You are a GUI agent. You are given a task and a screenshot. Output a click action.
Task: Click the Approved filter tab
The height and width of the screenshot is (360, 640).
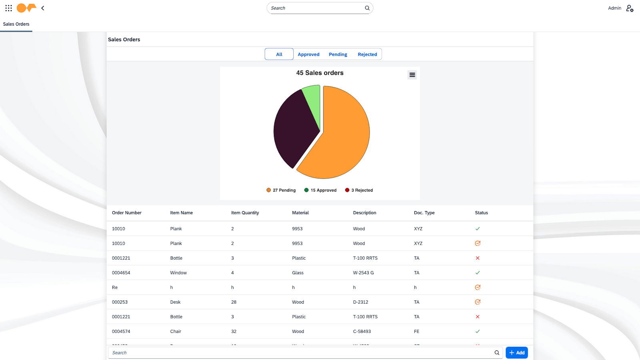(x=308, y=54)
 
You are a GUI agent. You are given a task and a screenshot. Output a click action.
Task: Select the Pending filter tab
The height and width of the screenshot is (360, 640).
(x=338, y=54)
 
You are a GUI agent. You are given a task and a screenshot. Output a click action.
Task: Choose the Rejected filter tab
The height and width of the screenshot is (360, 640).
(x=367, y=54)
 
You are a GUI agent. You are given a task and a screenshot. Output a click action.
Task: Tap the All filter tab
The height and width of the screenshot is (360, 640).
(x=279, y=54)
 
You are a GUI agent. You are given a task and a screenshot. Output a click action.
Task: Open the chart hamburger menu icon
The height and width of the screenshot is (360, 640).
(x=412, y=75)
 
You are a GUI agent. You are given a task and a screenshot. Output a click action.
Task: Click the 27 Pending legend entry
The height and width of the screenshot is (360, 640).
(x=281, y=190)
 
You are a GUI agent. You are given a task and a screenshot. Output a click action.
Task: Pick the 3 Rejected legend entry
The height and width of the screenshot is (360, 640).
(x=359, y=190)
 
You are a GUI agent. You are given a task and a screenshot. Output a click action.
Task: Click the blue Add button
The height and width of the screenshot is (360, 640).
(x=517, y=353)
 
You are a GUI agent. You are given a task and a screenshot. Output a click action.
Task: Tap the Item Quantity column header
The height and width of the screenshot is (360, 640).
(x=245, y=213)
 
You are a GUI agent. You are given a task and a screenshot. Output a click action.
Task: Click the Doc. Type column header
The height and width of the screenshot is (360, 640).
(x=424, y=213)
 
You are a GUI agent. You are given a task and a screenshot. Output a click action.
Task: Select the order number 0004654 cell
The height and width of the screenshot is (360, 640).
(x=121, y=273)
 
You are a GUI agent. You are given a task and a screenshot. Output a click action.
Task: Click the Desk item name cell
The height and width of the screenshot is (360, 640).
(x=175, y=302)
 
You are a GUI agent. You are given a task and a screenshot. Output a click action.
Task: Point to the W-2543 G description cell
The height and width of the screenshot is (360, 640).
(x=363, y=273)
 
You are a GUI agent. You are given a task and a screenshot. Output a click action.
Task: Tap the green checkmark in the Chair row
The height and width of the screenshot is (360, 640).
(x=478, y=331)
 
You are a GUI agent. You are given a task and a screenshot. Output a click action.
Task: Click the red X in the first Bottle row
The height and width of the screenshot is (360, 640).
(x=478, y=258)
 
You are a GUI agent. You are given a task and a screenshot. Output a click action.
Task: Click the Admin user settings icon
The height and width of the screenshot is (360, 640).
(x=630, y=8)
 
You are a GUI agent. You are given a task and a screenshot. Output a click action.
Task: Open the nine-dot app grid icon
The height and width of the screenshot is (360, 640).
(x=8, y=8)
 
